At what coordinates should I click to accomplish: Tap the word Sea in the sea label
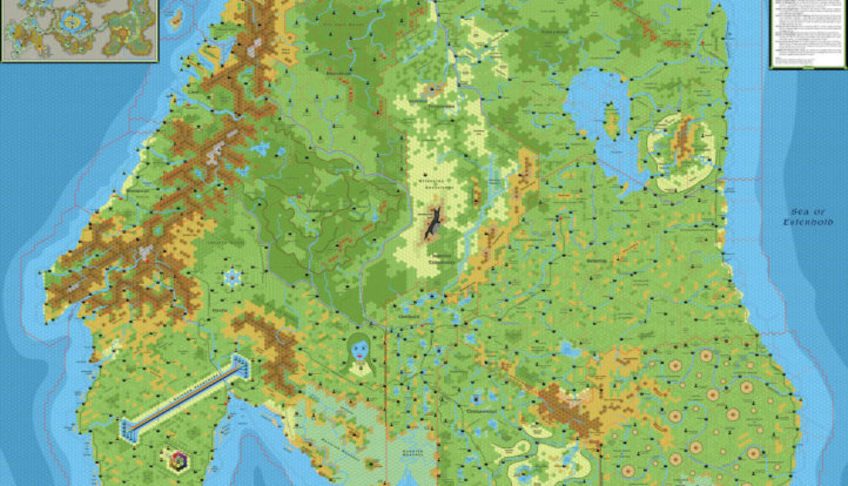pyautogui.click(x=802, y=210)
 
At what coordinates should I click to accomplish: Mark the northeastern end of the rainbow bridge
pyautogui.click(x=240, y=362)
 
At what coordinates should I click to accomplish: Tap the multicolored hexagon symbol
pyautogui.click(x=178, y=460)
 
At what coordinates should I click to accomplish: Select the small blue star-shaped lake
pyautogui.click(x=233, y=276)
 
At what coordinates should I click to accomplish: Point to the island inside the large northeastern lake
pyautogui.click(x=611, y=121)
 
